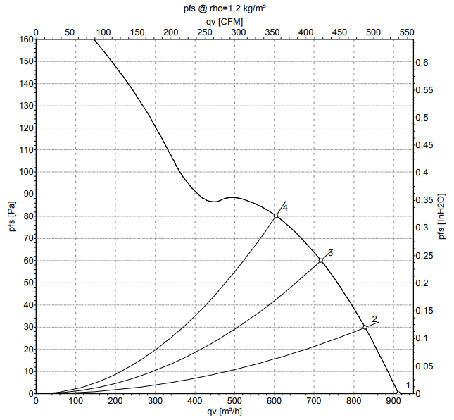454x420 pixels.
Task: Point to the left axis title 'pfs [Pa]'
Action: pos(11,217)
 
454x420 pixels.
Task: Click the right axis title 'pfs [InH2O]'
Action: pos(441,217)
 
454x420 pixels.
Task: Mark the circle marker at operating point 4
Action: pos(276,216)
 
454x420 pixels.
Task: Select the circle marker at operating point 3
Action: pos(321,261)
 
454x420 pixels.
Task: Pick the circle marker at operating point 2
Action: pos(365,327)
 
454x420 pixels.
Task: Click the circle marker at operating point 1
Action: pos(398,393)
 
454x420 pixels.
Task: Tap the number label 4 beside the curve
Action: pos(285,207)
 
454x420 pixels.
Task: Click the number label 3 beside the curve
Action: pos(330,252)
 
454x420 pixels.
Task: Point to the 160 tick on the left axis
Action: pos(25,39)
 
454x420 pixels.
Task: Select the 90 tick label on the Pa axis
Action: pos(27,194)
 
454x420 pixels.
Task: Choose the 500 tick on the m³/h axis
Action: pos(235,401)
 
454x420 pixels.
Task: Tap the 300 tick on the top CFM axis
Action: pos(238,32)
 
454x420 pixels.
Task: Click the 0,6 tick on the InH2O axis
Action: pos(421,62)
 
